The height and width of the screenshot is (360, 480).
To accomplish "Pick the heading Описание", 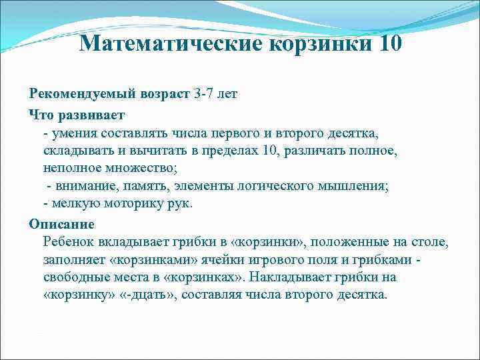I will pyautogui.click(x=61, y=223).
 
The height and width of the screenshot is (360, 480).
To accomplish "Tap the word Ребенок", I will pyautogui.click(x=65, y=241).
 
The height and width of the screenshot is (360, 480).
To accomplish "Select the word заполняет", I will pyautogui.click(x=70, y=259).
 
